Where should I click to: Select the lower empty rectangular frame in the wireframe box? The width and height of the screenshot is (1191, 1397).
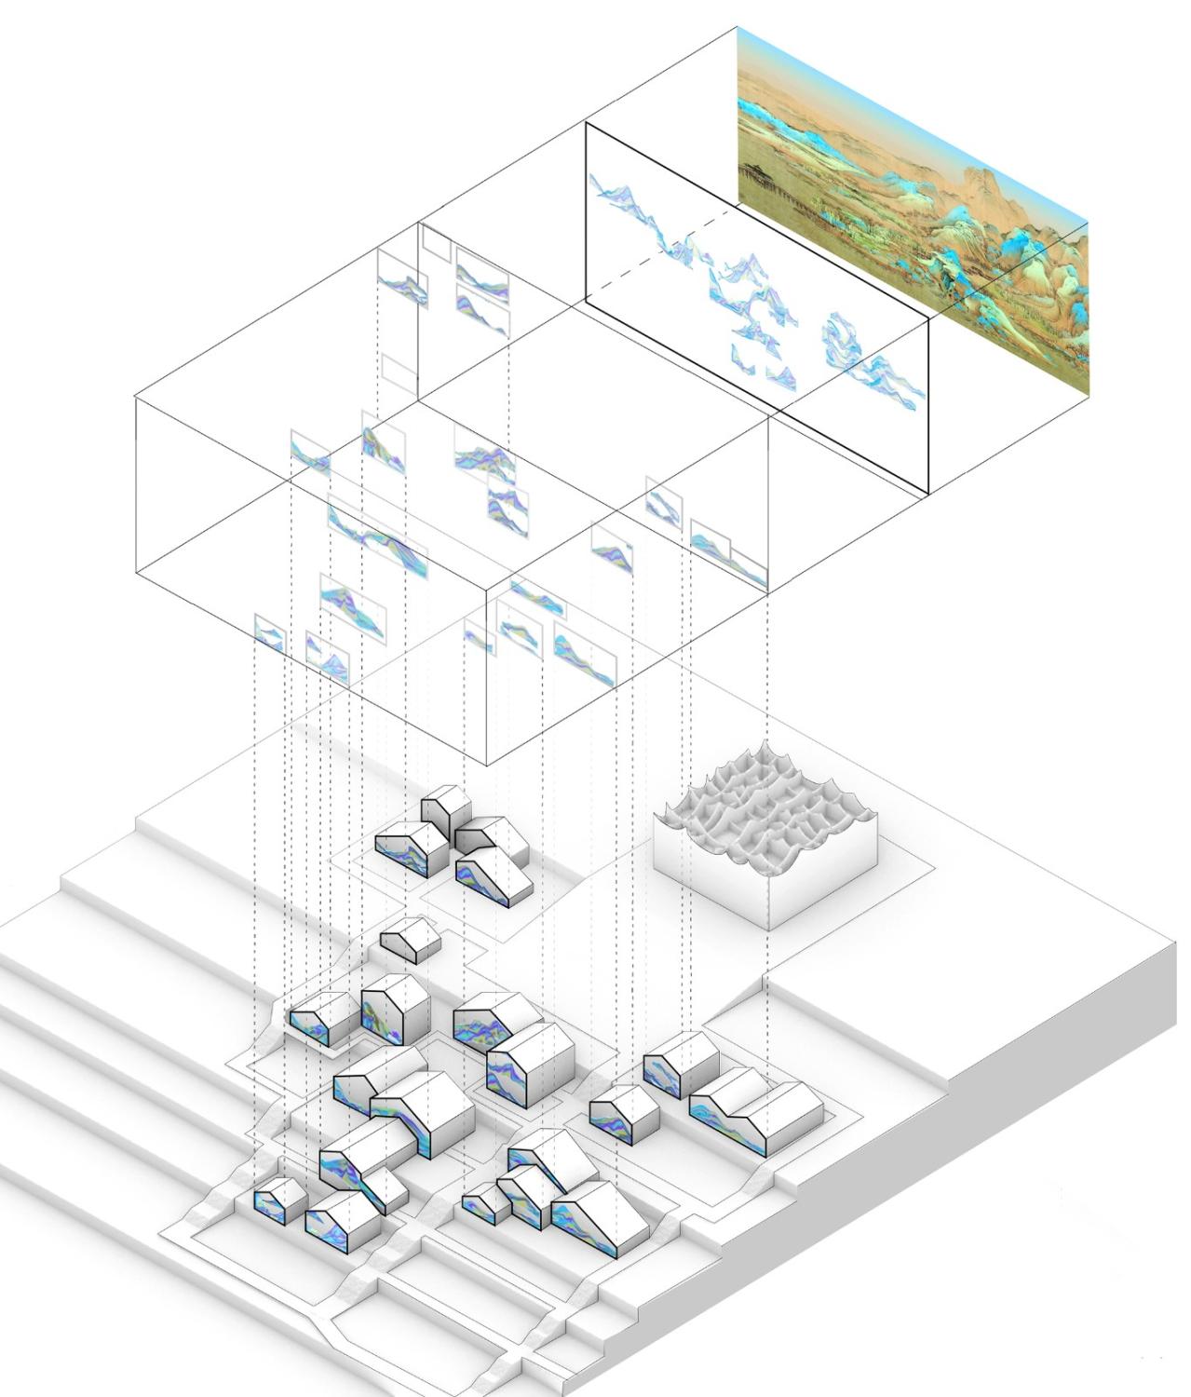(x=396, y=373)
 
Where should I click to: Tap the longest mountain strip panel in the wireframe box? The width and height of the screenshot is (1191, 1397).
(x=377, y=540)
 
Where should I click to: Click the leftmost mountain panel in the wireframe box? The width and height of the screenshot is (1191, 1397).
(x=269, y=633)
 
